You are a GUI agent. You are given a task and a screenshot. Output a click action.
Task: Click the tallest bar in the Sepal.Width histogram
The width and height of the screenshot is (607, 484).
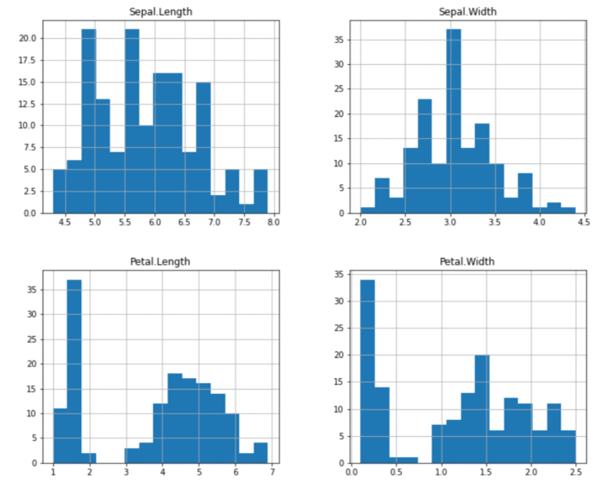coord(453,120)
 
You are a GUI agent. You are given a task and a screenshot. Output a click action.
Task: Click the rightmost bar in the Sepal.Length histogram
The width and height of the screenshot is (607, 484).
coord(261,191)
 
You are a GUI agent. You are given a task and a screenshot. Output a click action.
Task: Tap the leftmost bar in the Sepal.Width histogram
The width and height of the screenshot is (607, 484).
coord(368,210)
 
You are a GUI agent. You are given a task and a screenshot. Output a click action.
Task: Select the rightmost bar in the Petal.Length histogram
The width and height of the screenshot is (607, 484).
coord(261,452)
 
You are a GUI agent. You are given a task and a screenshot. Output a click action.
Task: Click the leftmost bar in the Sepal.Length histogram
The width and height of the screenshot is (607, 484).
coord(60,191)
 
